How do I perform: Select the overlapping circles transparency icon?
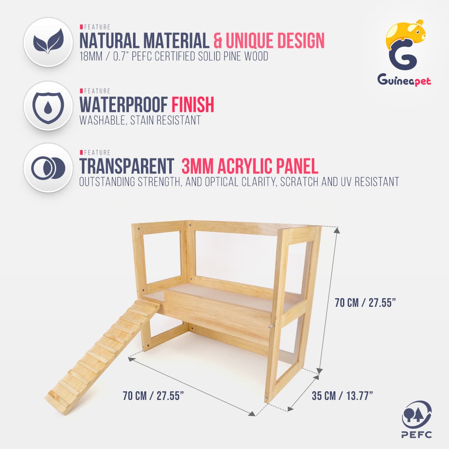(48, 168)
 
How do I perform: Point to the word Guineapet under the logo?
(404, 79)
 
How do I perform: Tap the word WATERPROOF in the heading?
(123, 104)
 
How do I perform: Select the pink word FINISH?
(193, 104)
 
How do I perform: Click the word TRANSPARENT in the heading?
(127, 166)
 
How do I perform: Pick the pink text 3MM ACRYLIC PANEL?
(250, 166)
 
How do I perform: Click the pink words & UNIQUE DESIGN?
(269, 40)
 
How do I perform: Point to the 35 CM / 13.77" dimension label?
(342, 396)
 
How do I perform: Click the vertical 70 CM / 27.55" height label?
(365, 302)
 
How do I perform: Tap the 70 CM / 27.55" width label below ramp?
(153, 396)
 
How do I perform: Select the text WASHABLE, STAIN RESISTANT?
(140, 120)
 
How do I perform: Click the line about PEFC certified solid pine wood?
(174, 57)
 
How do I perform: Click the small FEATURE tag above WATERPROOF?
(95, 91)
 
